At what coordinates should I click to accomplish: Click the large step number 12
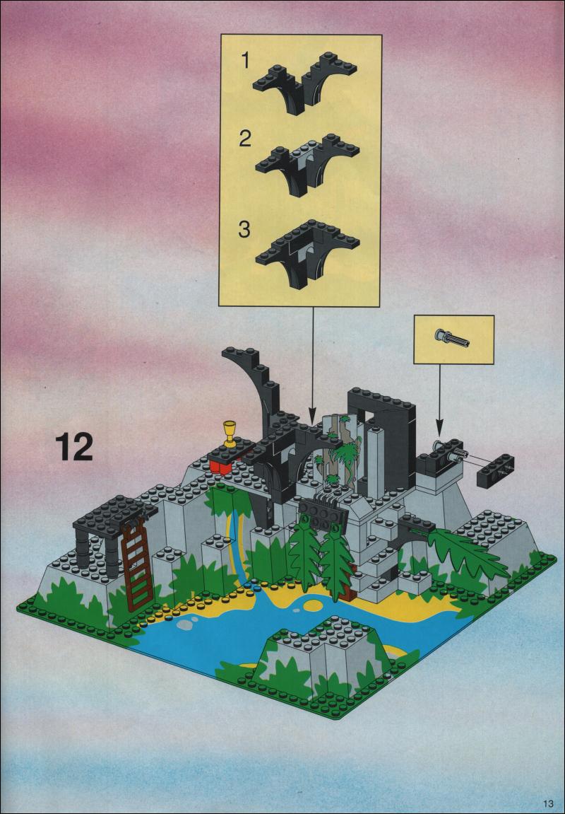tap(76, 447)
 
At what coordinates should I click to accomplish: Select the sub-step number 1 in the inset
tap(244, 62)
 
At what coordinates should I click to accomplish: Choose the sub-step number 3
tap(244, 229)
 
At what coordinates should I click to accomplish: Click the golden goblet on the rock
tap(229, 434)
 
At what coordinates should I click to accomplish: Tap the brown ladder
tap(137, 565)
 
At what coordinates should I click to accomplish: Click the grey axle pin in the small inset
tap(453, 338)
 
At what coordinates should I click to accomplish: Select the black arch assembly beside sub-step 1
tap(305, 82)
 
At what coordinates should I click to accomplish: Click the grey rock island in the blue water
tap(326, 658)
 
